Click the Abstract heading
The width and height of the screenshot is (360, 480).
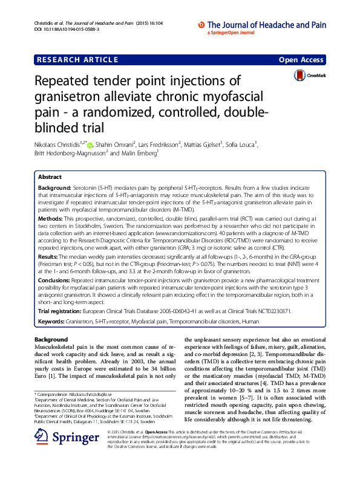(x=50, y=161)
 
